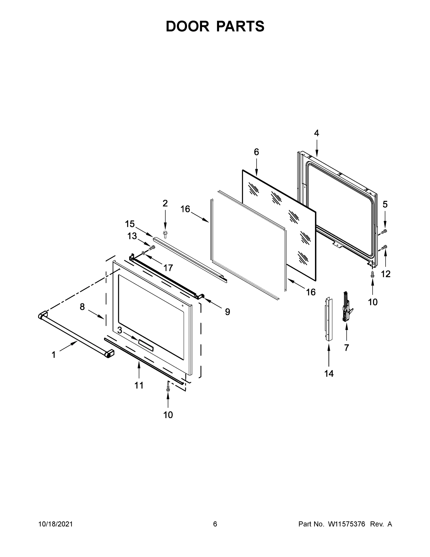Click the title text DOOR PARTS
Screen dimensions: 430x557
(215, 26)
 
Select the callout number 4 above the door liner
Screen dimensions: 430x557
(316, 133)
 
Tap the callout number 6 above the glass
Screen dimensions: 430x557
(256, 152)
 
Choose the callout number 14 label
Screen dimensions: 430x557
(329, 374)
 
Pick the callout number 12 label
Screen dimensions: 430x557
(386, 274)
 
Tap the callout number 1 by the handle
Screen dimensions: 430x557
(54, 355)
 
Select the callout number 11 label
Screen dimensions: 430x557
(139, 385)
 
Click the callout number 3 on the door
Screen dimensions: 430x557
(119, 330)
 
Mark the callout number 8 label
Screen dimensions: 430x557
(82, 307)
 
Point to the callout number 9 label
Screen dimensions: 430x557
(227, 312)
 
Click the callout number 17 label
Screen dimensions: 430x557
(168, 268)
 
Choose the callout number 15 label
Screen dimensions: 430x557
(130, 224)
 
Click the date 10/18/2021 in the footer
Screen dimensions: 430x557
(56, 524)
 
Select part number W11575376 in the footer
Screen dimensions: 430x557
(347, 524)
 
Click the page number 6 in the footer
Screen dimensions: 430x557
(215, 524)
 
